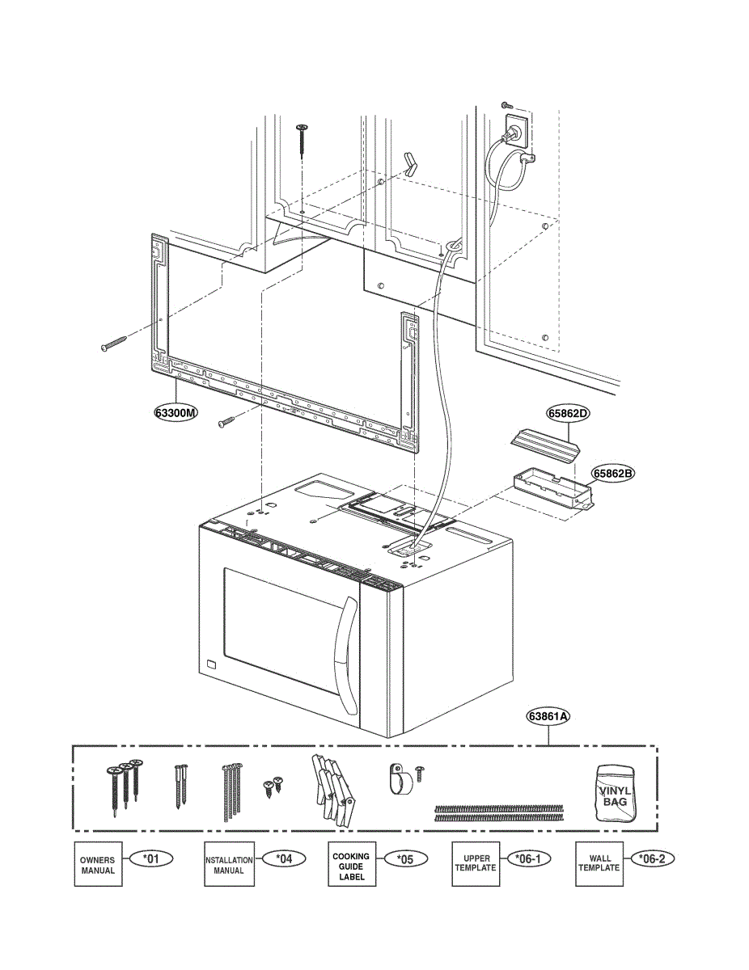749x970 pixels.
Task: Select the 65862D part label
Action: click(569, 413)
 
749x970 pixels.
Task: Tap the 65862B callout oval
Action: click(611, 473)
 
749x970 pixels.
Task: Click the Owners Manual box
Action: click(98, 864)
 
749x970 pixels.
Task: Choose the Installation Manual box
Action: click(228, 864)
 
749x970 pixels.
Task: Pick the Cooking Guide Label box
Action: click(352, 864)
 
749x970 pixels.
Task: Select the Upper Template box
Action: click(475, 864)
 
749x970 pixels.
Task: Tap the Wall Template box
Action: click(599, 864)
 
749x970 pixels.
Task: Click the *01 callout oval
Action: click(151, 858)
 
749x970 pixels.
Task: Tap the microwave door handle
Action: click(349, 655)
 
